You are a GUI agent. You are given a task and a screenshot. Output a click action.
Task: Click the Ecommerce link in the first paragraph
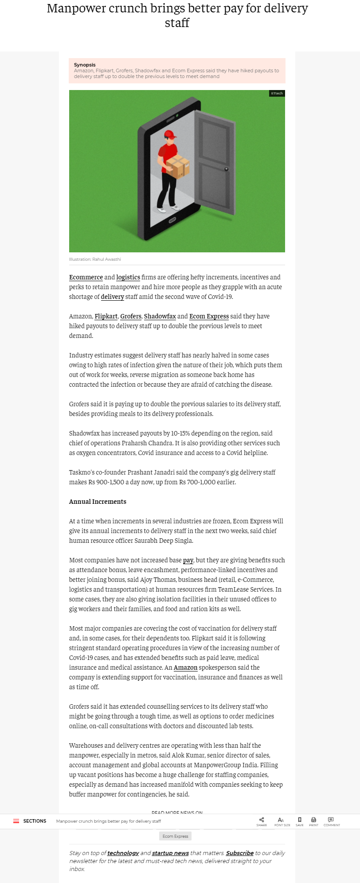[x=86, y=277]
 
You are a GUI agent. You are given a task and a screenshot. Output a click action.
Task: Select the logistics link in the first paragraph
[x=128, y=277]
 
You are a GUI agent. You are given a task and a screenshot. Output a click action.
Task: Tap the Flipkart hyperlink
[x=106, y=316]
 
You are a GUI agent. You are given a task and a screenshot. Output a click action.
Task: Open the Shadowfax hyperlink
[x=160, y=316]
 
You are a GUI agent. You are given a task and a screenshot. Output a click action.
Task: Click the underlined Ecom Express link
[x=209, y=316]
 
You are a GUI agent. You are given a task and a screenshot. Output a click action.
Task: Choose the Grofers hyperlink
[x=131, y=316]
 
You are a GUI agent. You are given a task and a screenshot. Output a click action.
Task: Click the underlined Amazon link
[x=185, y=667]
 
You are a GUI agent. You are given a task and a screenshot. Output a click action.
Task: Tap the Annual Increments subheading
[x=98, y=502]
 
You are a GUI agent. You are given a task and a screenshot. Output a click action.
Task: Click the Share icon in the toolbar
[x=262, y=820]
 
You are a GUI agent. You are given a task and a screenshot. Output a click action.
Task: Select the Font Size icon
[x=281, y=820]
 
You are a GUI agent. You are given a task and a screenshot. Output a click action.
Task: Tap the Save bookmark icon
[x=300, y=820]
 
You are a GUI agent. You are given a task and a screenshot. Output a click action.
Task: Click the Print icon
[x=313, y=820]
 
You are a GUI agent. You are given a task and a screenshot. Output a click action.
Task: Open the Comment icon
[x=331, y=820]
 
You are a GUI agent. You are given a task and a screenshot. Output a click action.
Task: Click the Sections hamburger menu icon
[x=16, y=821]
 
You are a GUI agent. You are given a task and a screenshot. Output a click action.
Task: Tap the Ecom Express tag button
[x=175, y=836]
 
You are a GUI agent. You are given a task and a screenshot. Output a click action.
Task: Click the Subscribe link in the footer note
[x=239, y=853]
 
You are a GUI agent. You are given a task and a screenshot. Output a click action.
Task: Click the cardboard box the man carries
[x=178, y=166]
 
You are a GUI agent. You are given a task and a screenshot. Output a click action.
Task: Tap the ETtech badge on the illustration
[x=277, y=93]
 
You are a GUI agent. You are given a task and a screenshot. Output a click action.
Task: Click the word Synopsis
[x=85, y=65]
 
